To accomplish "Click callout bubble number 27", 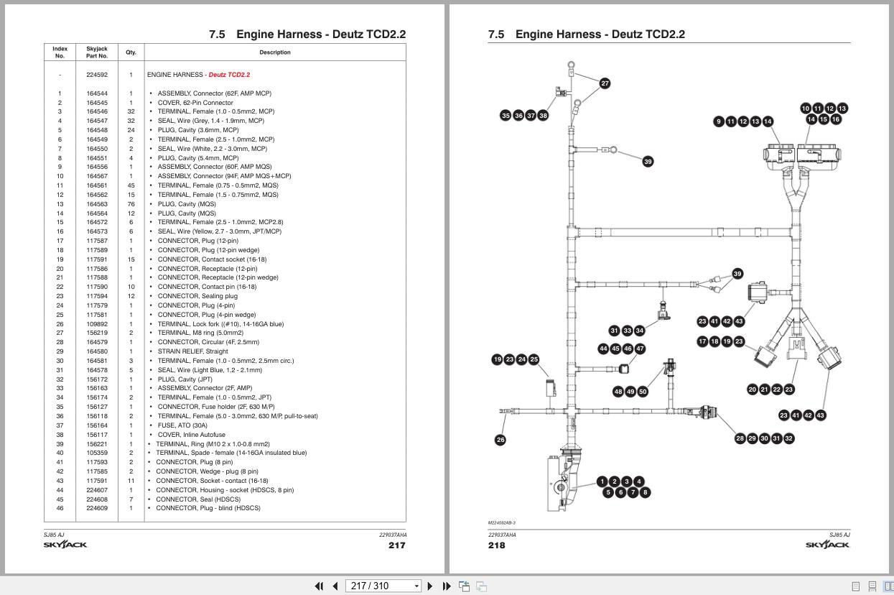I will [x=605, y=83].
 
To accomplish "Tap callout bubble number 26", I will [x=500, y=440].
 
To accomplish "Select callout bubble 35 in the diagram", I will [x=506, y=115].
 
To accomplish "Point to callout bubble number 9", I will [x=719, y=121].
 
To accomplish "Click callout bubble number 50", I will [x=643, y=392].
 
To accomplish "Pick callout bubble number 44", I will [x=603, y=349].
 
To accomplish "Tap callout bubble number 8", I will [x=645, y=492].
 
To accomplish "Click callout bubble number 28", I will [x=740, y=438].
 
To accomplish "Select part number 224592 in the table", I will [x=97, y=75].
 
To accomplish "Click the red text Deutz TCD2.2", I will [x=229, y=75].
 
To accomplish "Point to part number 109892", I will [x=97, y=324].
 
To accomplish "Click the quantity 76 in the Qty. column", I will [x=131, y=204].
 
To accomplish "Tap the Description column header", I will [x=275, y=52].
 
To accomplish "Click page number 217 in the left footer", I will [x=396, y=545].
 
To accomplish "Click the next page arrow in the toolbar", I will [x=430, y=586].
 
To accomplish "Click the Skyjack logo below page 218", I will [x=827, y=545].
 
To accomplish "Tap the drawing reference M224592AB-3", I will [x=502, y=523].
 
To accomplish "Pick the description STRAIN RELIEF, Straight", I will [x=192, y=351].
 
